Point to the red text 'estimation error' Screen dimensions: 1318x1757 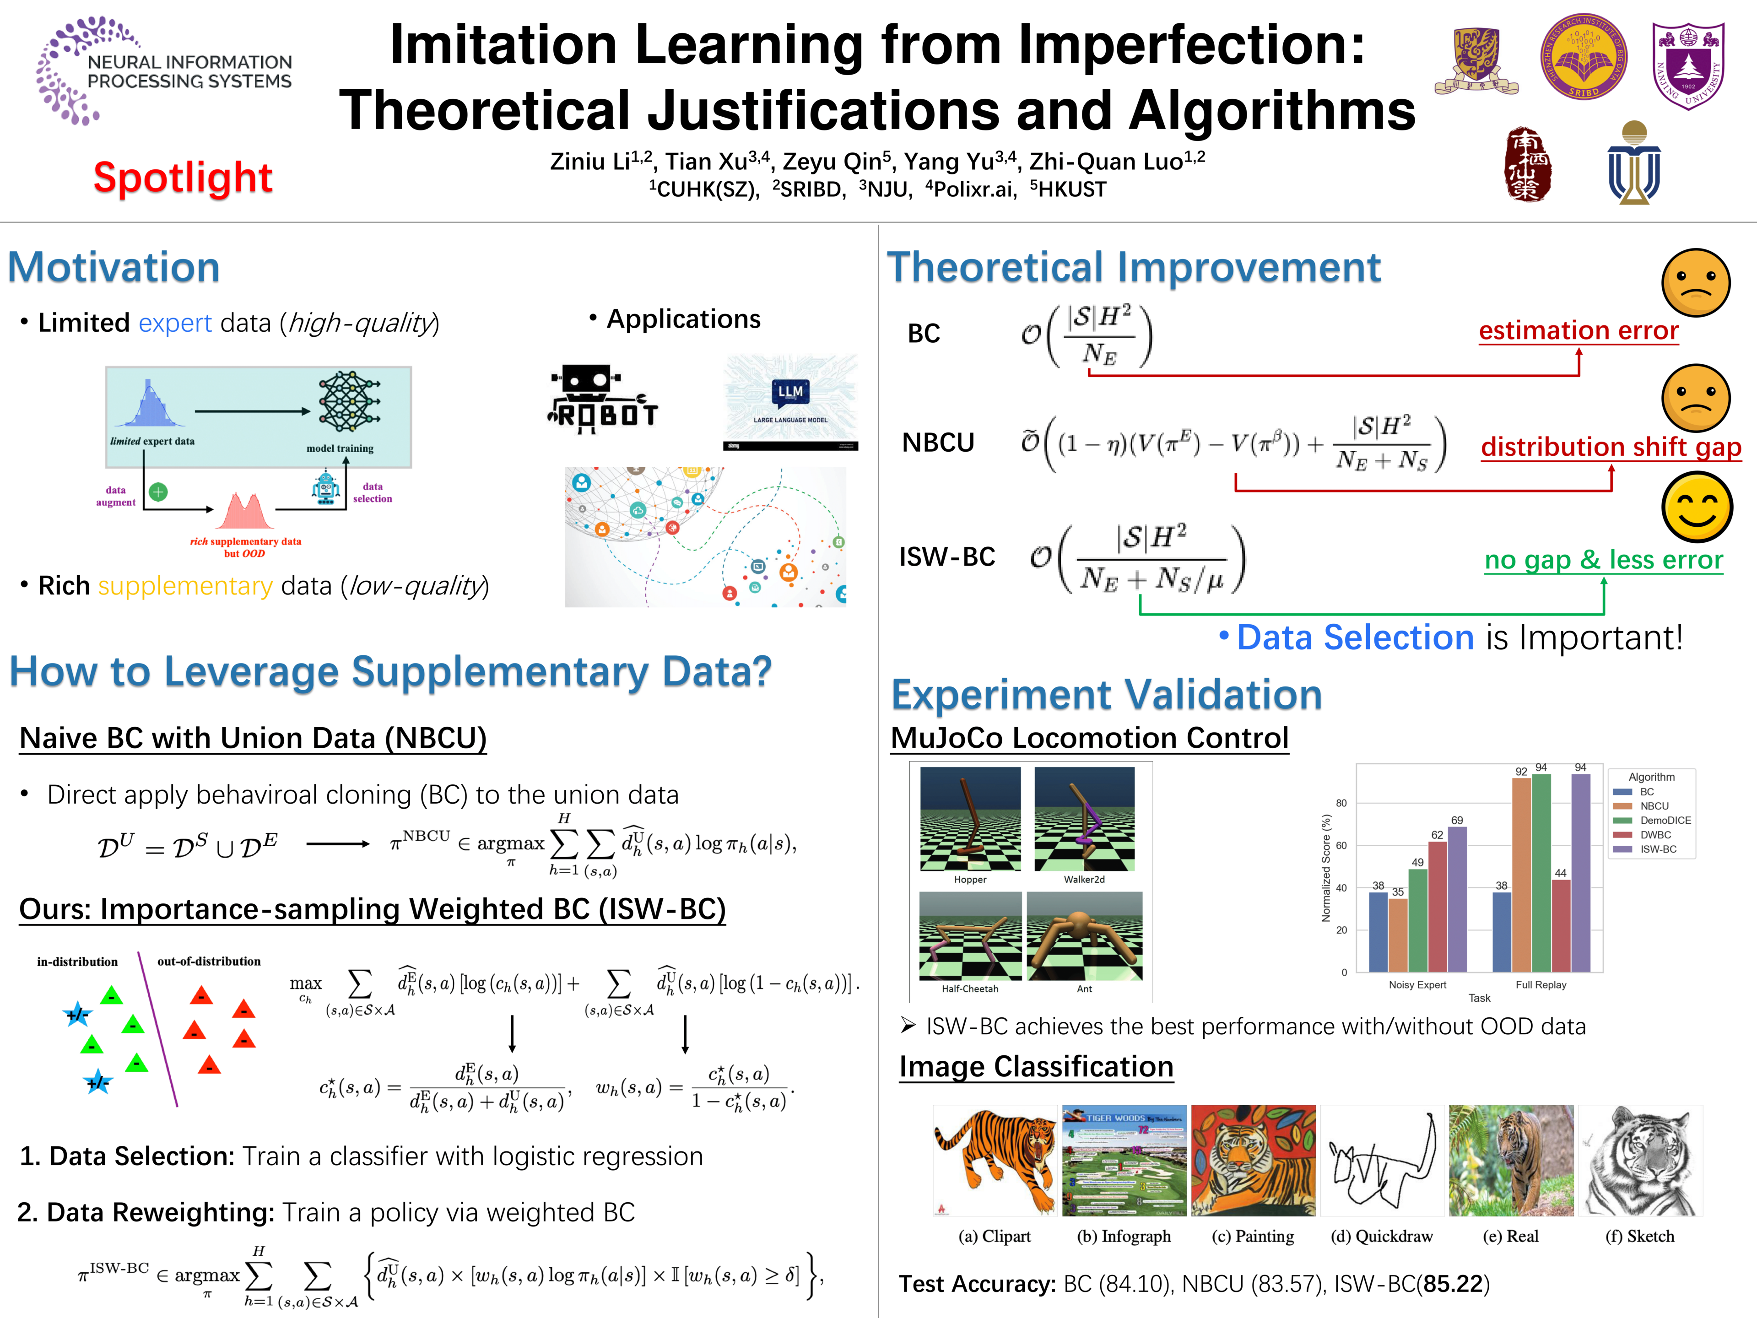point(1579,330)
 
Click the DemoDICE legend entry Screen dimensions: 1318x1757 point(1664,821)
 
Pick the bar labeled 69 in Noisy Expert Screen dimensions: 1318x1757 point(1457,898)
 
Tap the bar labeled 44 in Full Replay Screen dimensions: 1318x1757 point(1561,925)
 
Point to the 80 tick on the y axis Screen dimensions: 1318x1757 point(1341,803)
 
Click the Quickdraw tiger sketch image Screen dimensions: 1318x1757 point(1382,1161)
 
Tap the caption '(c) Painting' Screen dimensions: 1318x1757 point(1253,1236)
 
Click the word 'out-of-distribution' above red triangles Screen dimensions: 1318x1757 point(209,961)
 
